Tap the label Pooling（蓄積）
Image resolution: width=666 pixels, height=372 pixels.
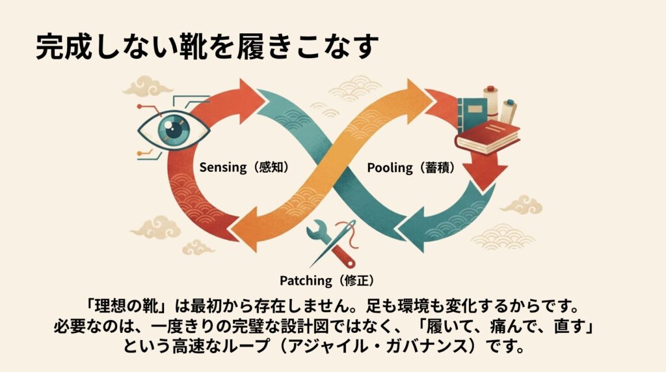tap(410, 167)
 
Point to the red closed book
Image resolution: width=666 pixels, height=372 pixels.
tap(488, 137)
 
